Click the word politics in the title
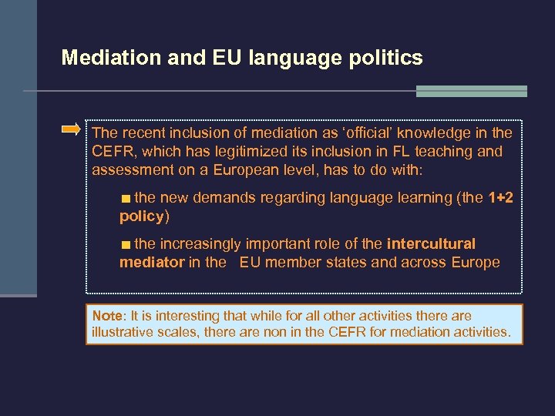pyautogui.click(x=388, y=58)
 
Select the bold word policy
pyautogui.click(x=142, y=216)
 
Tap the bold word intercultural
pyautogui.click(x=431, y=243)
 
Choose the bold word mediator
pyautogui.click(x=152, y=262)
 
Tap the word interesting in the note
pyautogui.click(x=183, y=316)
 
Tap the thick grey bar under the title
pyautogui.click(x=471, y=91)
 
